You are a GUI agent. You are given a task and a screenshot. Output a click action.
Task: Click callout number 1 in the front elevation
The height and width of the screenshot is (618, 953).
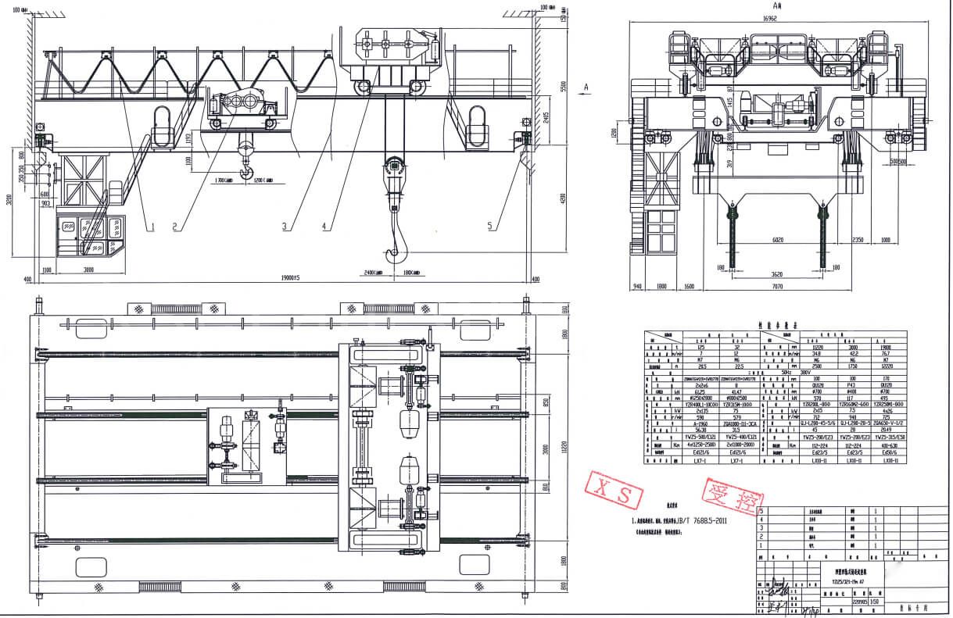pyautogui.click(x=153, y=227)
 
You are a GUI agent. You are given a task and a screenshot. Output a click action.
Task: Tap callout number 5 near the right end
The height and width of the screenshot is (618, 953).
pyautogui.click(x=490, y=227)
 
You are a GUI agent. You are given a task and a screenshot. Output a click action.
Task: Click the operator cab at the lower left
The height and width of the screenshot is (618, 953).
pyautogui.click(x=91, y=234)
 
